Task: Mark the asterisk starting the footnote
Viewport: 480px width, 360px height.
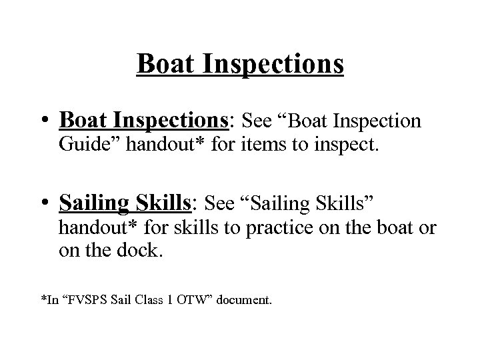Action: click(x=43, y=299)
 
